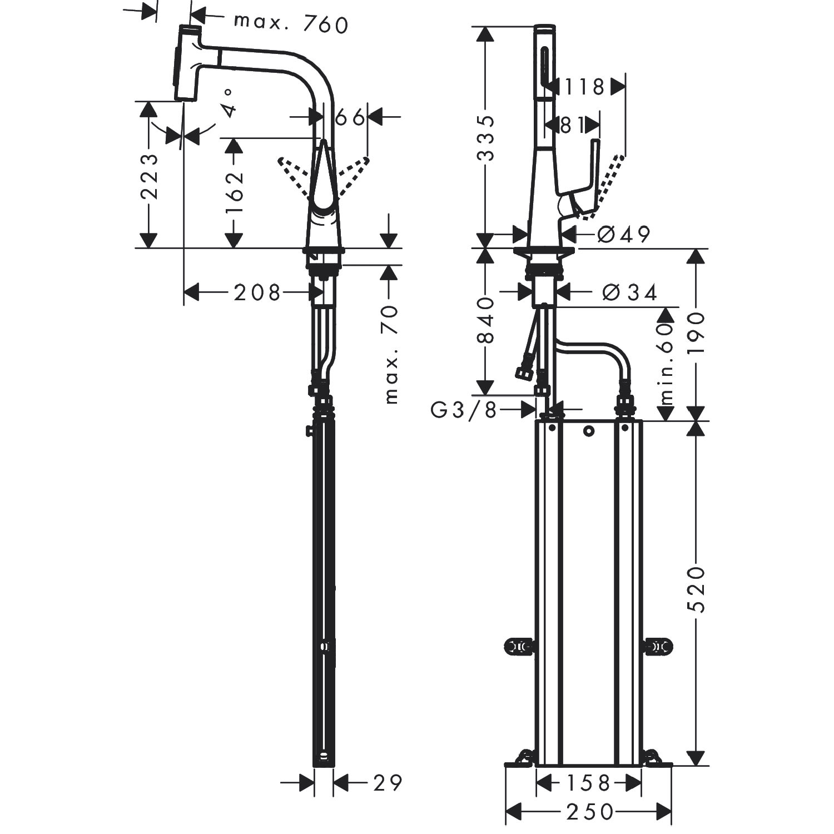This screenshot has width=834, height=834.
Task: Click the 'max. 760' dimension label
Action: pyautogui.click(x=291, y=24)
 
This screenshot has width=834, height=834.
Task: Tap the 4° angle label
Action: pyautogui.click(x=230, y=102)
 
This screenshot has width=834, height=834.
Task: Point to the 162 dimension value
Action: pyautogui.click(x=235, y=193)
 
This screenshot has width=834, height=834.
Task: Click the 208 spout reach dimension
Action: pyautogui.click(x=257, y=292)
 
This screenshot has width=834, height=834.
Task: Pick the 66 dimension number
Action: pyautogui.click(x=350, y=117)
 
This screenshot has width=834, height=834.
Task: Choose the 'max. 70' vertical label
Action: pyautogui.click(x=391, y=354)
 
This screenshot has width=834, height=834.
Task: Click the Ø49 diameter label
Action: pyautogui.click(x=624, y=235)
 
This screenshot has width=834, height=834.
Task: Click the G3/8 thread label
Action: pyautogui.click(x=463, y=411)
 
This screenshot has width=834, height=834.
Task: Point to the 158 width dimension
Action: pyautogui.click(x=589, y=783)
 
